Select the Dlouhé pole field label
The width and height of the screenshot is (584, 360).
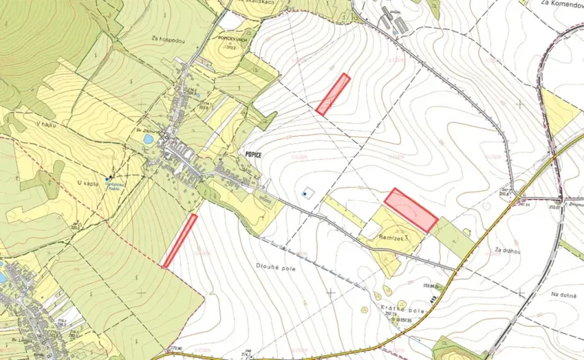278,267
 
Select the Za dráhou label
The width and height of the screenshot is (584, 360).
509,250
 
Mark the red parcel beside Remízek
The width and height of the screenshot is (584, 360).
411,210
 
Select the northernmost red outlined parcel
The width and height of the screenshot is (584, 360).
332,94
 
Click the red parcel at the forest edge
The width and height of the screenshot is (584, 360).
179,241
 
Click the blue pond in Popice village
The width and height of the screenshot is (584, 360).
148,139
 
